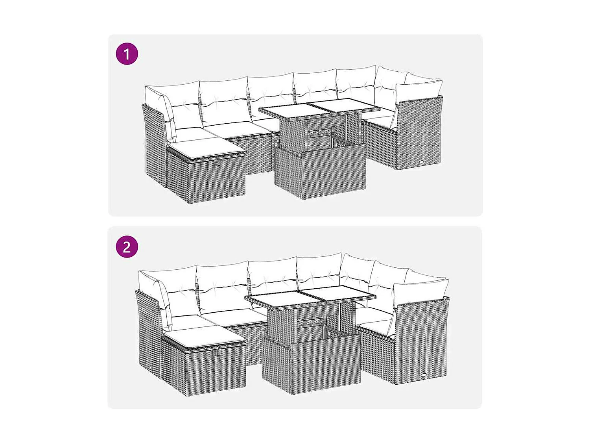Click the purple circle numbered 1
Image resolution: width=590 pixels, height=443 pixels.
(127, 54)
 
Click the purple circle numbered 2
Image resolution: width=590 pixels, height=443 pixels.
(127, 247)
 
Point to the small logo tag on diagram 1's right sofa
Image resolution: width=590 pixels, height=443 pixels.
(421, 162)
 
